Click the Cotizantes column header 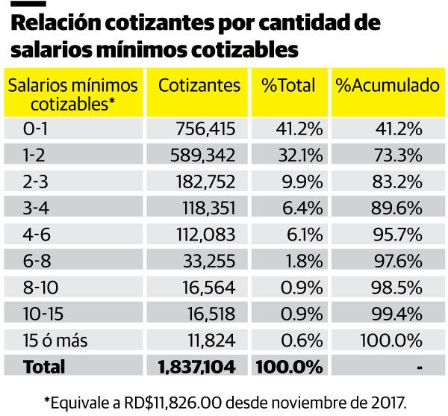point(199,84)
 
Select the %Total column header point(288,84)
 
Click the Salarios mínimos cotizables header point(72,93)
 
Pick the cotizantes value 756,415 point(205,129)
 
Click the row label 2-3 point(36,181)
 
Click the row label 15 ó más point(56,341)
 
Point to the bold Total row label point(44,367)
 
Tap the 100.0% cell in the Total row point(289,367)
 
